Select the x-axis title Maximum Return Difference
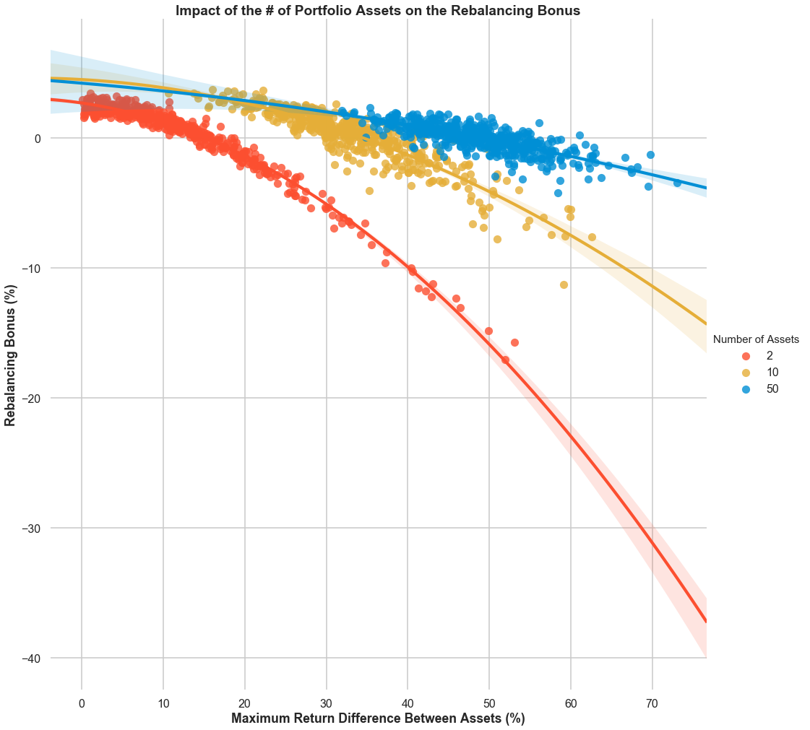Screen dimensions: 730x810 point(378,718)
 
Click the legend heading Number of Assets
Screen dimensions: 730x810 point(756,339)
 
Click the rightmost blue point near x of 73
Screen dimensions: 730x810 point(677,183)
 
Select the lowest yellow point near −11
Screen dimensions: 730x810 point(564,284)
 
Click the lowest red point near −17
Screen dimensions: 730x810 point(505,360)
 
